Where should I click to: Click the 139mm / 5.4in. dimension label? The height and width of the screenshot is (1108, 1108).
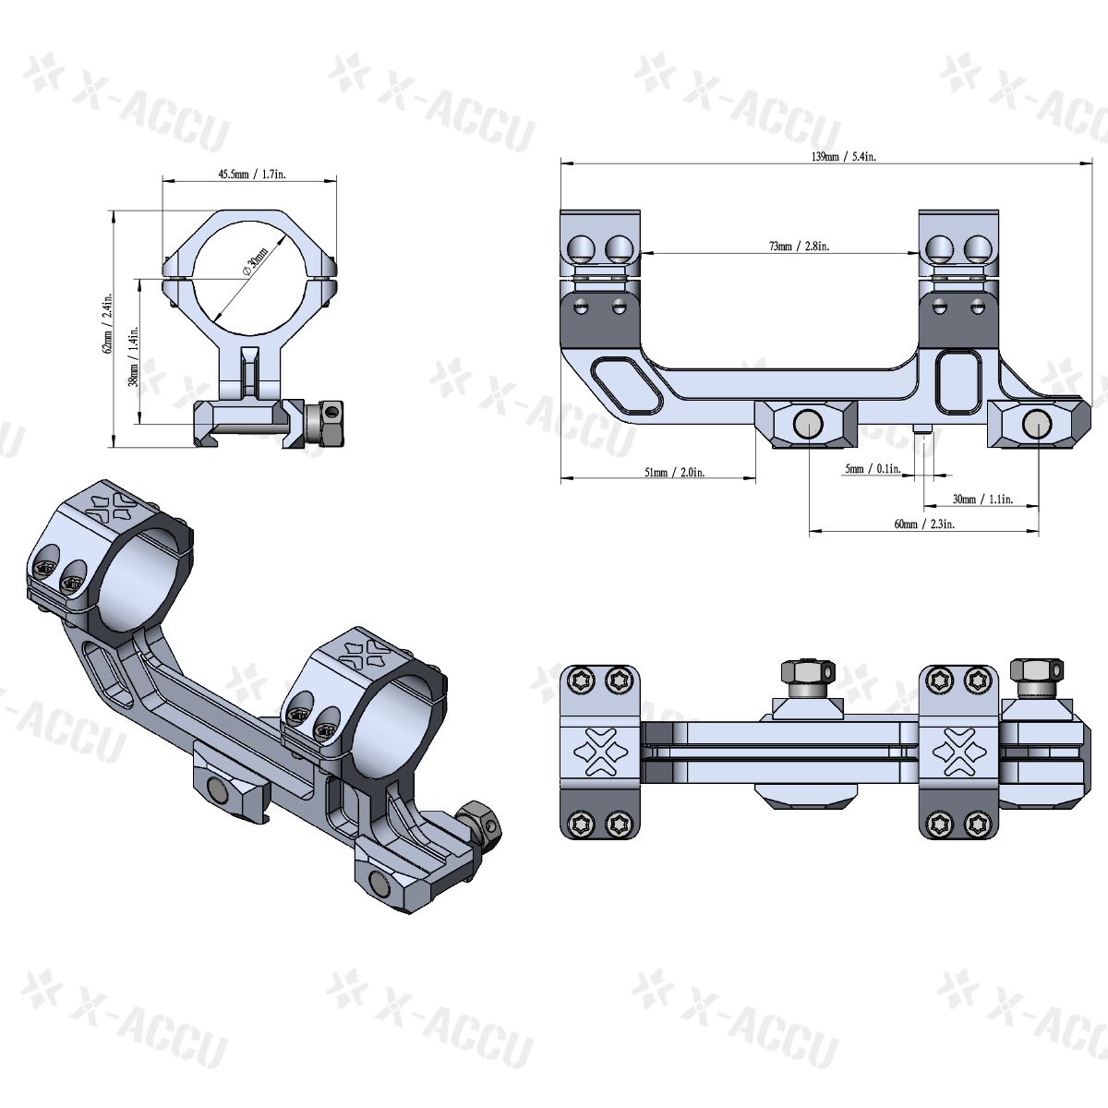coord(825,157)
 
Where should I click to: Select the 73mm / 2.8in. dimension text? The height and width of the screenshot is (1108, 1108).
coord(786,247)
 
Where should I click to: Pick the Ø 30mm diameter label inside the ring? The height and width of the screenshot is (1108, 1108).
coord(254,261)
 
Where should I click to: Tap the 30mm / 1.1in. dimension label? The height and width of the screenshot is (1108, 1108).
coord(982,499)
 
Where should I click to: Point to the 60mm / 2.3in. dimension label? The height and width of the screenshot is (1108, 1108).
coord(923,524)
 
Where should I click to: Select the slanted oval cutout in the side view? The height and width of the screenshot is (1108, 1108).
coord(625,387)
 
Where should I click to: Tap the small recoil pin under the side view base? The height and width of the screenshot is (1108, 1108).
coord(924,431)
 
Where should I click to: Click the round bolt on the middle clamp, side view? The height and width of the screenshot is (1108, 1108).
coord(810,424)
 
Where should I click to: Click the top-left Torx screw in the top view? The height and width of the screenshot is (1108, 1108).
coord(581,681)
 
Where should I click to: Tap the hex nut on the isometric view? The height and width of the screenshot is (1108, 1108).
coord(479,820)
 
